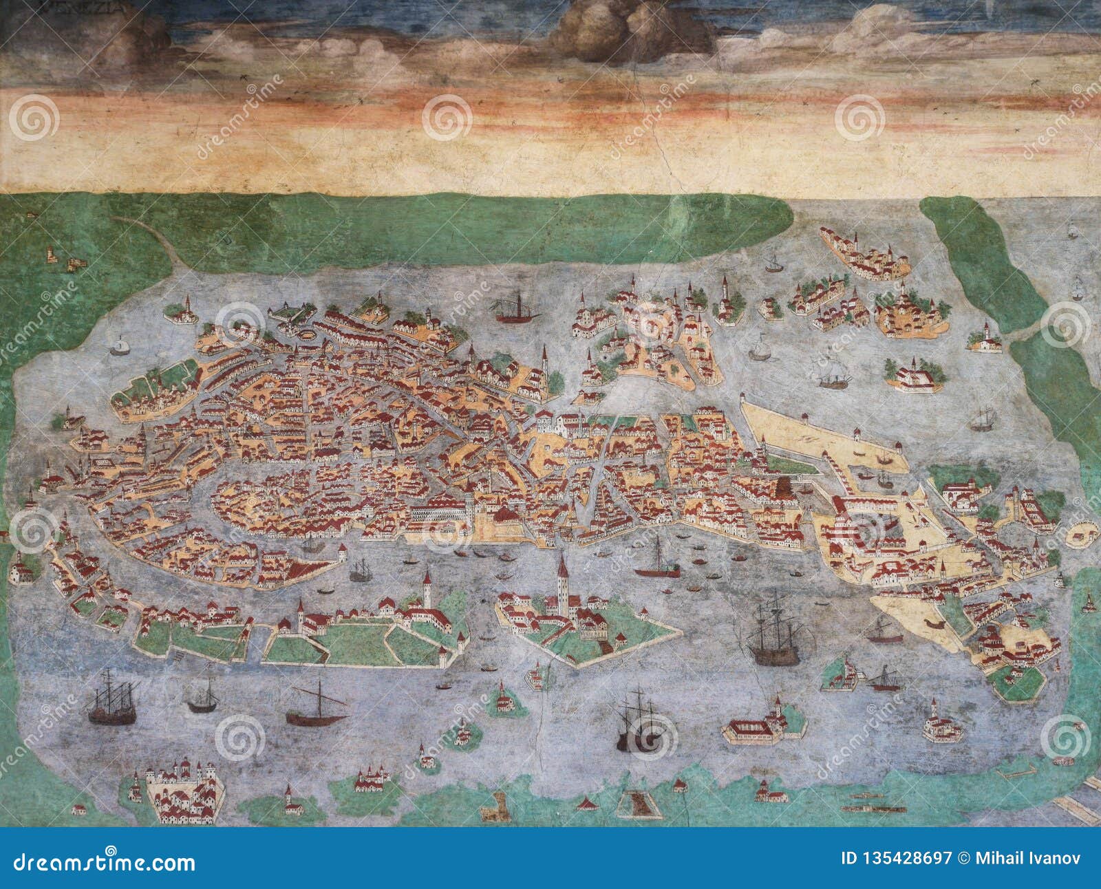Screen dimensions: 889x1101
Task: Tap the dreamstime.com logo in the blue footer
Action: (100, 861)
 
